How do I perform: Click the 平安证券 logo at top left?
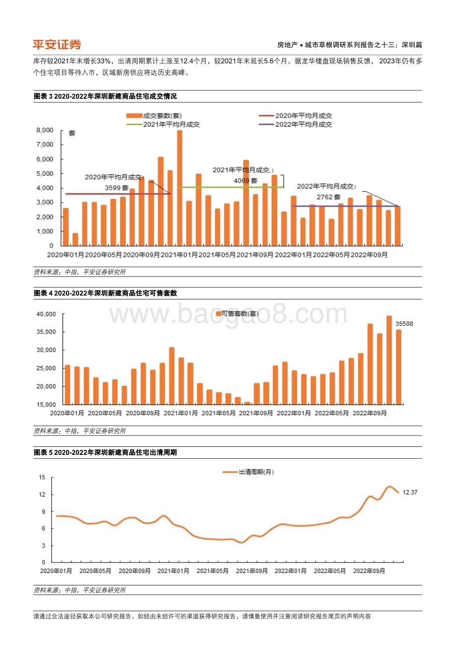[57, 45]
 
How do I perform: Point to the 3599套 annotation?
[117, 188]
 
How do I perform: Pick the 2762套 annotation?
[327, 198]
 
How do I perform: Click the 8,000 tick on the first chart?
[45, 130]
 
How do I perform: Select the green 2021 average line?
[231, 187]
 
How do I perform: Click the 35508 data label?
[404, 324]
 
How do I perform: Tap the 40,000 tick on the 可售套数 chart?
[47, 314]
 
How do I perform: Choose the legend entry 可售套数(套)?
[237, 313]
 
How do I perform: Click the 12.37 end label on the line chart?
[410, 492]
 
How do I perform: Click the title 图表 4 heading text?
[105, 293]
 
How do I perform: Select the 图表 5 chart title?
[105, 453]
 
